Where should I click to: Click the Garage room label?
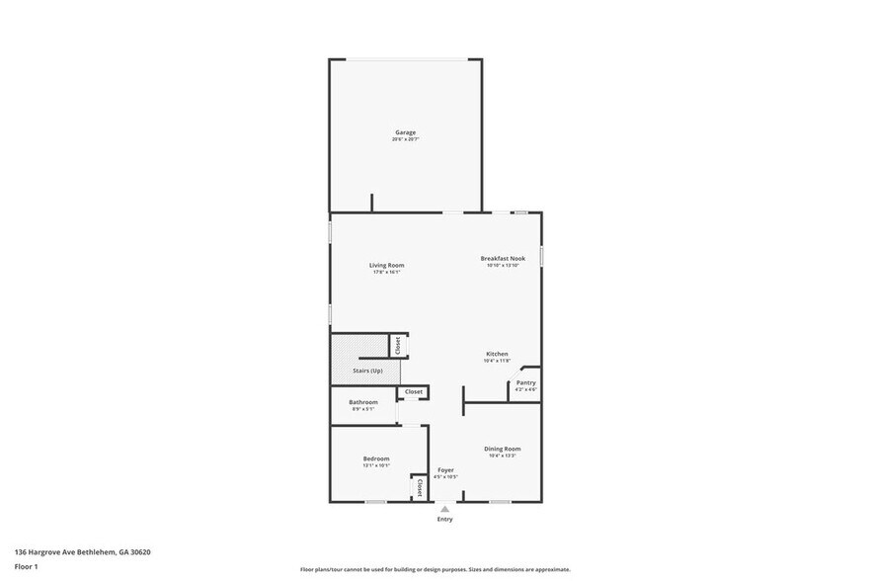pos(405,132)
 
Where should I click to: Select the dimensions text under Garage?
pos(405,139)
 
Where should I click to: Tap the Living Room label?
pos(386,265)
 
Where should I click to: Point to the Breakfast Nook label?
pos(503,258)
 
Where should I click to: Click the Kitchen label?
pos(497,354)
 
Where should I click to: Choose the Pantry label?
pos(525,382)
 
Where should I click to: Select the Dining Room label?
pos(502,449)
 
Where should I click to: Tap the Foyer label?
pos(445,469)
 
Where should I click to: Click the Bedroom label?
pos(376,458)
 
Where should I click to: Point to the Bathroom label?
pos(363,402)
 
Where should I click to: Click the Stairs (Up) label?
pos(367,371)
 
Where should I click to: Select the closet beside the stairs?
pos(398,346)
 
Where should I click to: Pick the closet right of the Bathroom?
pos(413,391)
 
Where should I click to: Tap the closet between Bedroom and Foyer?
pos(419,488)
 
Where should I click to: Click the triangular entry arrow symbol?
pos(445,509)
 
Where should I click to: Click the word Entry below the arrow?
pos(445,520)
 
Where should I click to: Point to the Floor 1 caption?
pos(26,566)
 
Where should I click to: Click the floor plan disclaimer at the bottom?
pos(435,570)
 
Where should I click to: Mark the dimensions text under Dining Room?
pos(502,456)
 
